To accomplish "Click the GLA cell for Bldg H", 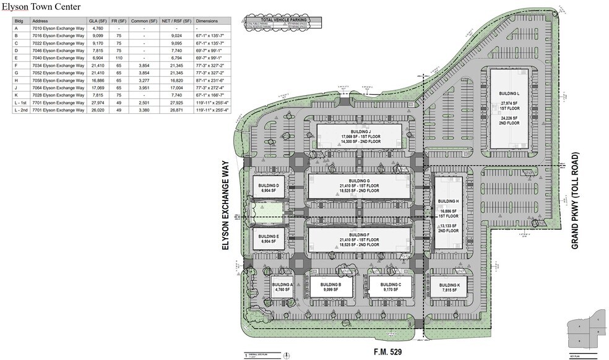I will (x=97, y=80).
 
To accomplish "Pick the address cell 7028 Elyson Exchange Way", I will (x=58, y=95).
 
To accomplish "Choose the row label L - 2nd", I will (x=21, y=110).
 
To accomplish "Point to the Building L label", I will (x=508, y=93).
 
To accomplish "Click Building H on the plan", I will (x=447, y=202).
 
